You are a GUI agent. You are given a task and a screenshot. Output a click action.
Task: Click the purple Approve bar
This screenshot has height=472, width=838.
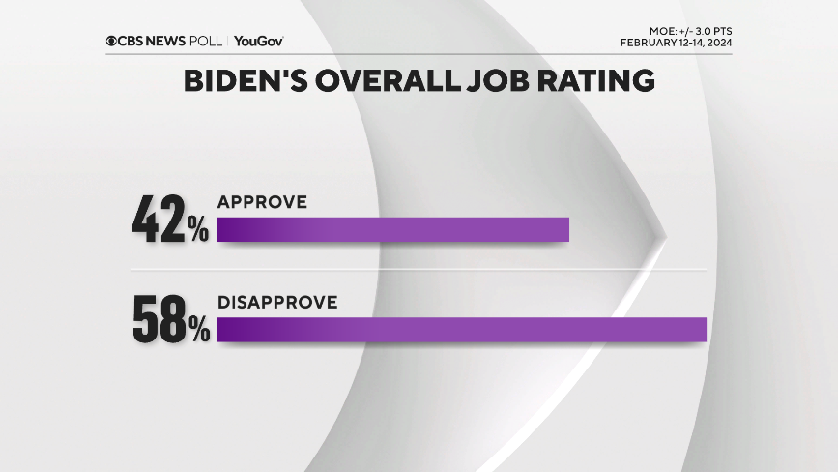point(392,229)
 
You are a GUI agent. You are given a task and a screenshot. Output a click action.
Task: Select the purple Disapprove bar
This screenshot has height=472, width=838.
point(462,329)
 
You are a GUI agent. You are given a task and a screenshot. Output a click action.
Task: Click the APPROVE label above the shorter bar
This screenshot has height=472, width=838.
point(262,202)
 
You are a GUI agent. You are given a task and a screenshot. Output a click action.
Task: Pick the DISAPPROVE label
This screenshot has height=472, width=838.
point(277,303)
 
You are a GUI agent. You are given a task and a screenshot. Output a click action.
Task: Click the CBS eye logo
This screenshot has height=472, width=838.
point(112,41)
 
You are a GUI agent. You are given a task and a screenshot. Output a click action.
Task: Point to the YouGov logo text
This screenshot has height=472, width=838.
point(258,41)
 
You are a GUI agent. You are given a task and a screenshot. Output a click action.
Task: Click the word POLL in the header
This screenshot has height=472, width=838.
point(212,41)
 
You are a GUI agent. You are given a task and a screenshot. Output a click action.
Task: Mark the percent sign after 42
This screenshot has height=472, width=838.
point(198,230)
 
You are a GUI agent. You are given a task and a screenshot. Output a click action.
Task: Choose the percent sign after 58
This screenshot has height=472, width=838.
point(198,331)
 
